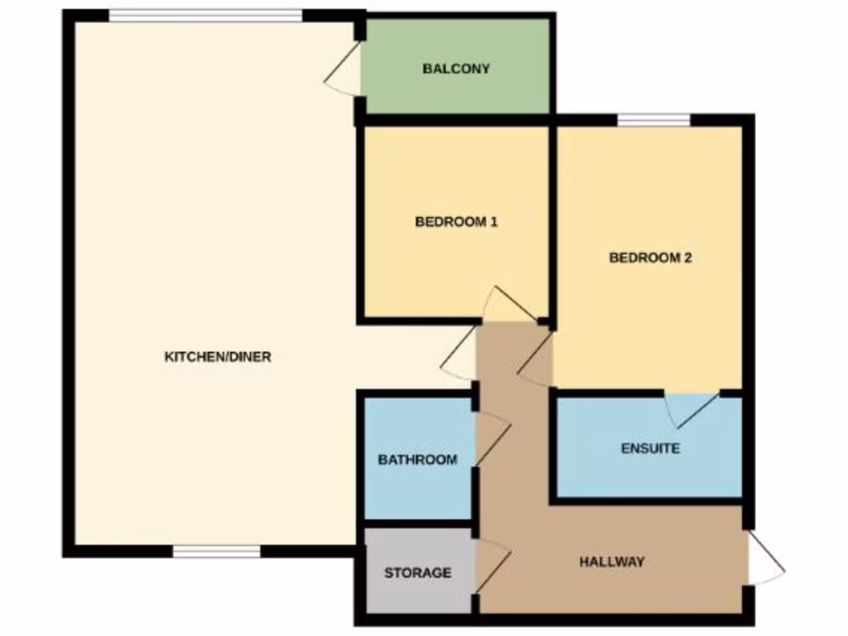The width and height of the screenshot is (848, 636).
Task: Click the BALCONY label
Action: (x=456, y=69)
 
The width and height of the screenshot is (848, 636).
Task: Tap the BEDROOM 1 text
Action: (x=456, y=222)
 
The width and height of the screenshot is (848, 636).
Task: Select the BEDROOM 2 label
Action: (x=650, y=258)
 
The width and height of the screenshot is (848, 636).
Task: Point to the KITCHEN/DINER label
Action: (x=218, y=358)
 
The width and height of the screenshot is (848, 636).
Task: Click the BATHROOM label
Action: (x=417, y=460)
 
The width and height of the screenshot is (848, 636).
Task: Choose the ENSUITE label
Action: (x=650, y=449)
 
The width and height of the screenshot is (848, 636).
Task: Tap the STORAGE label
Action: (x=417, y=572)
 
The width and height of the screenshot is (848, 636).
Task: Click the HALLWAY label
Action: (x=612, y=561)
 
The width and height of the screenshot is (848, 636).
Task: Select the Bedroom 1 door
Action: (x=507, y=306)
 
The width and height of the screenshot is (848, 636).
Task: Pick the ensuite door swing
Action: (x=691, y=409)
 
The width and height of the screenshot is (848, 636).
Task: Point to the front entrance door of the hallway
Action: (x=765, y=560)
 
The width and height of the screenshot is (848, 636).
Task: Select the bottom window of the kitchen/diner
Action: (x=216, y=551)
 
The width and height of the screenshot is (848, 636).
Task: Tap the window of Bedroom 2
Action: (x=653, y=120)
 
